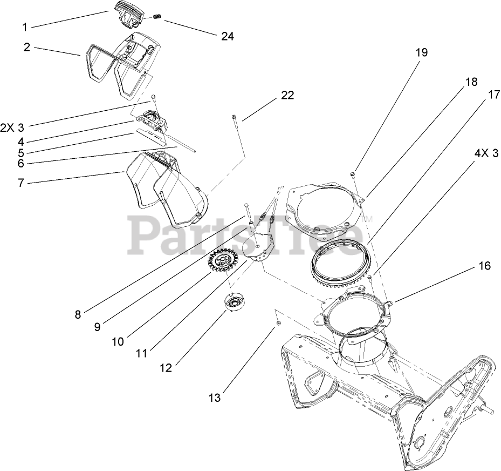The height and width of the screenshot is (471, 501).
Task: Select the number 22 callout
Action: [x=287, y=95]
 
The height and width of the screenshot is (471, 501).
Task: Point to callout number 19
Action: [x=421, y=52]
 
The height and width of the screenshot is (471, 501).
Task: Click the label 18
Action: [x=471, y=82]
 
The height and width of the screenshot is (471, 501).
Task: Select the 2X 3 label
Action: [x=12, y=127]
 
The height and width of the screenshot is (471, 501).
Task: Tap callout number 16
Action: [x=484, y=266]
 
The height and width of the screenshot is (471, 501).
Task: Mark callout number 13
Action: [x=215, y=399]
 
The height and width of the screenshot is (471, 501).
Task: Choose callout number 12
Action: [x=166, y=368]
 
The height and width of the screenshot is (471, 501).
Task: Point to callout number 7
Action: [x=21, y=183]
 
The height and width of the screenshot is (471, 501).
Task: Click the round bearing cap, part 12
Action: [x=235, y=302]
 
